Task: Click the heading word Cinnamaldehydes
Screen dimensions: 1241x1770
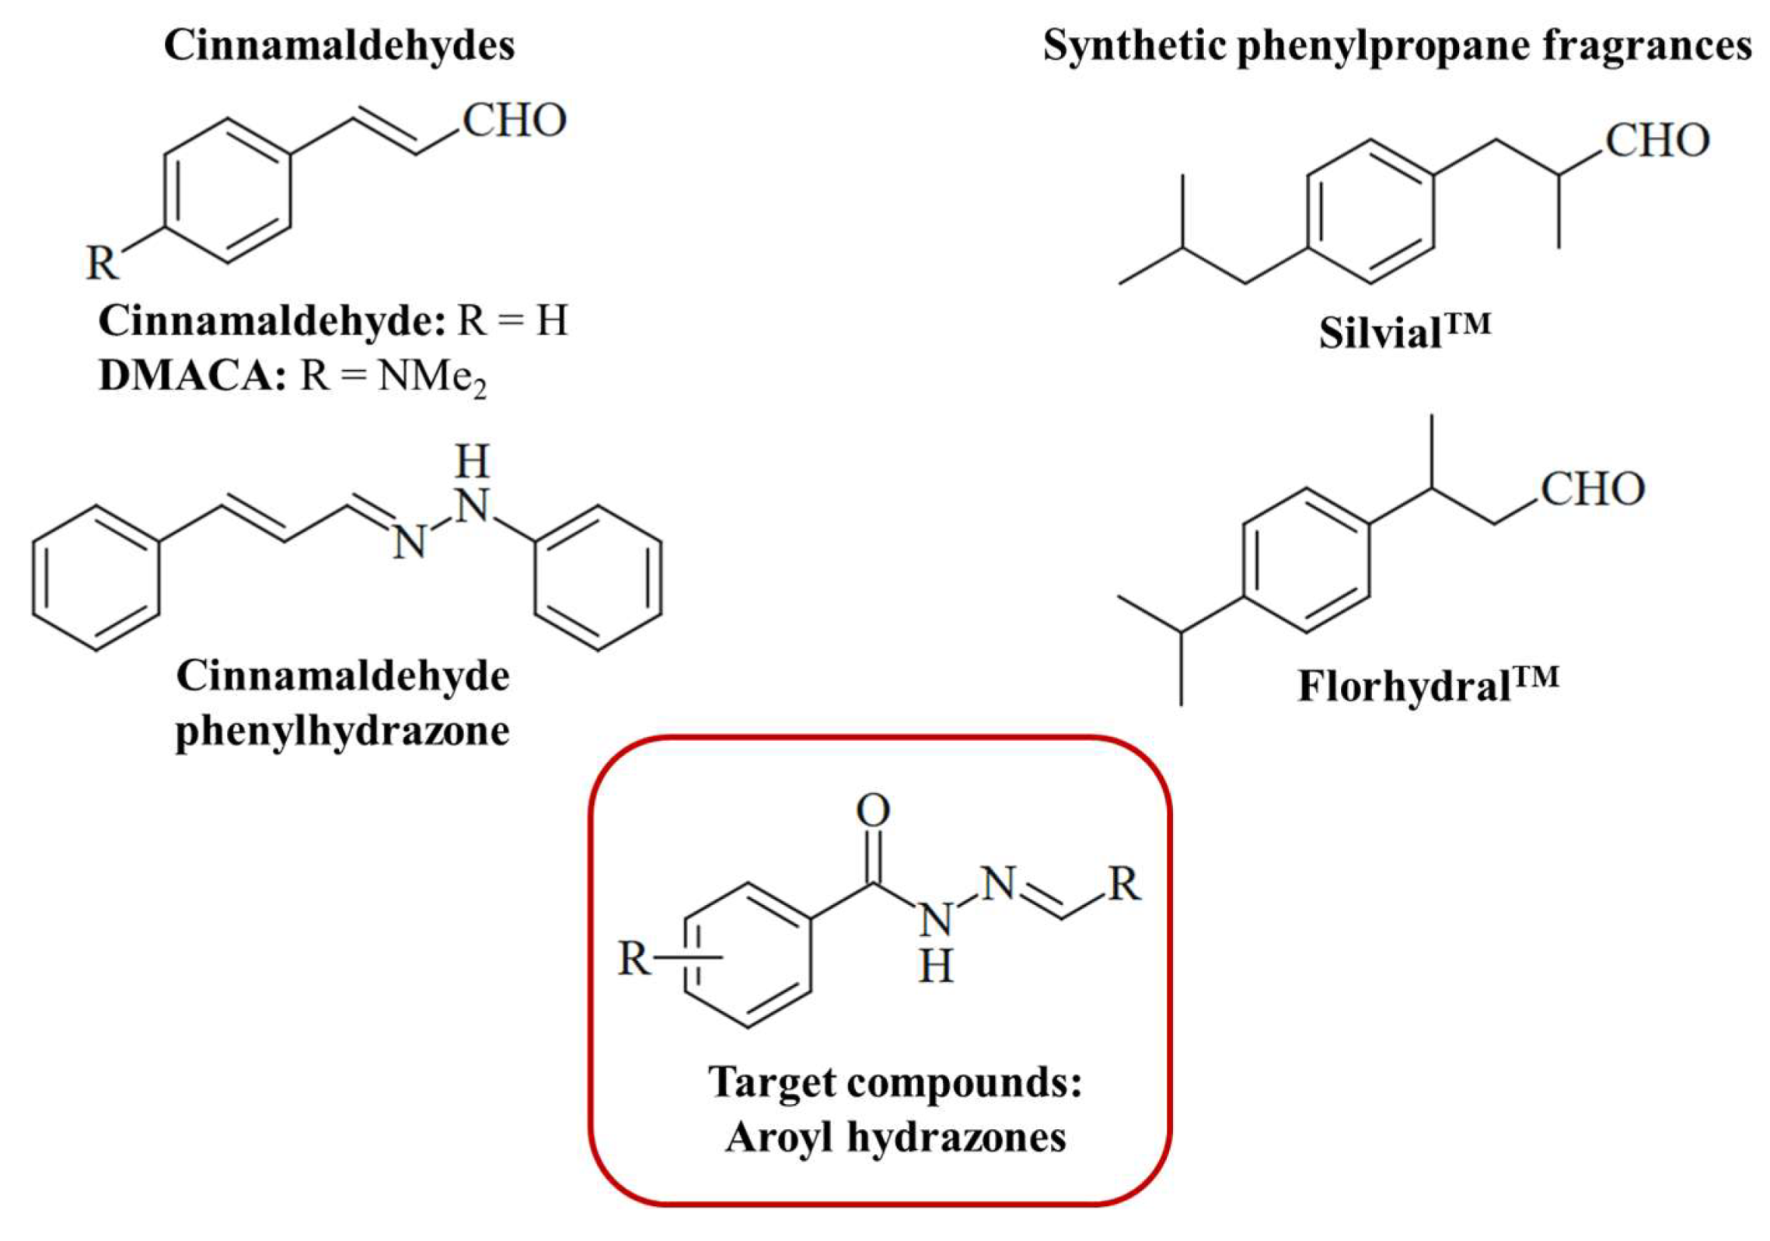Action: [339, 46]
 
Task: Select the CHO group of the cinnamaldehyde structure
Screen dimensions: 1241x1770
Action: [514, 121]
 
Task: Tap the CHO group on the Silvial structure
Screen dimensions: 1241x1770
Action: [1657, 142]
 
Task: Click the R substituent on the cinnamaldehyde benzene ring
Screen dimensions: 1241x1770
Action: [102, 263]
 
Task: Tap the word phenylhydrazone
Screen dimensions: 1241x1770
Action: [342, 731]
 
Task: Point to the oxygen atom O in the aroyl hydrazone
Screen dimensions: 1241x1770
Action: [872, 811]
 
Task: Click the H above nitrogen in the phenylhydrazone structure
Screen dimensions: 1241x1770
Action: [472, 462]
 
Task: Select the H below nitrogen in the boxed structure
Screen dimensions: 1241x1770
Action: [935, 968]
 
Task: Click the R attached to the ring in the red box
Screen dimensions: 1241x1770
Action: [634, 959]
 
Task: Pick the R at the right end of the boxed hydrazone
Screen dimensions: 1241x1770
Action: [1124, 884]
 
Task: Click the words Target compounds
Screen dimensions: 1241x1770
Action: [894, 1082]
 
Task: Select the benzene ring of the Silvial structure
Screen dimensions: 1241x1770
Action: [1369, 211]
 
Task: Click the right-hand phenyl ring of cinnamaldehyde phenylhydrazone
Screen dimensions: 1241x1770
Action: [598, 577]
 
